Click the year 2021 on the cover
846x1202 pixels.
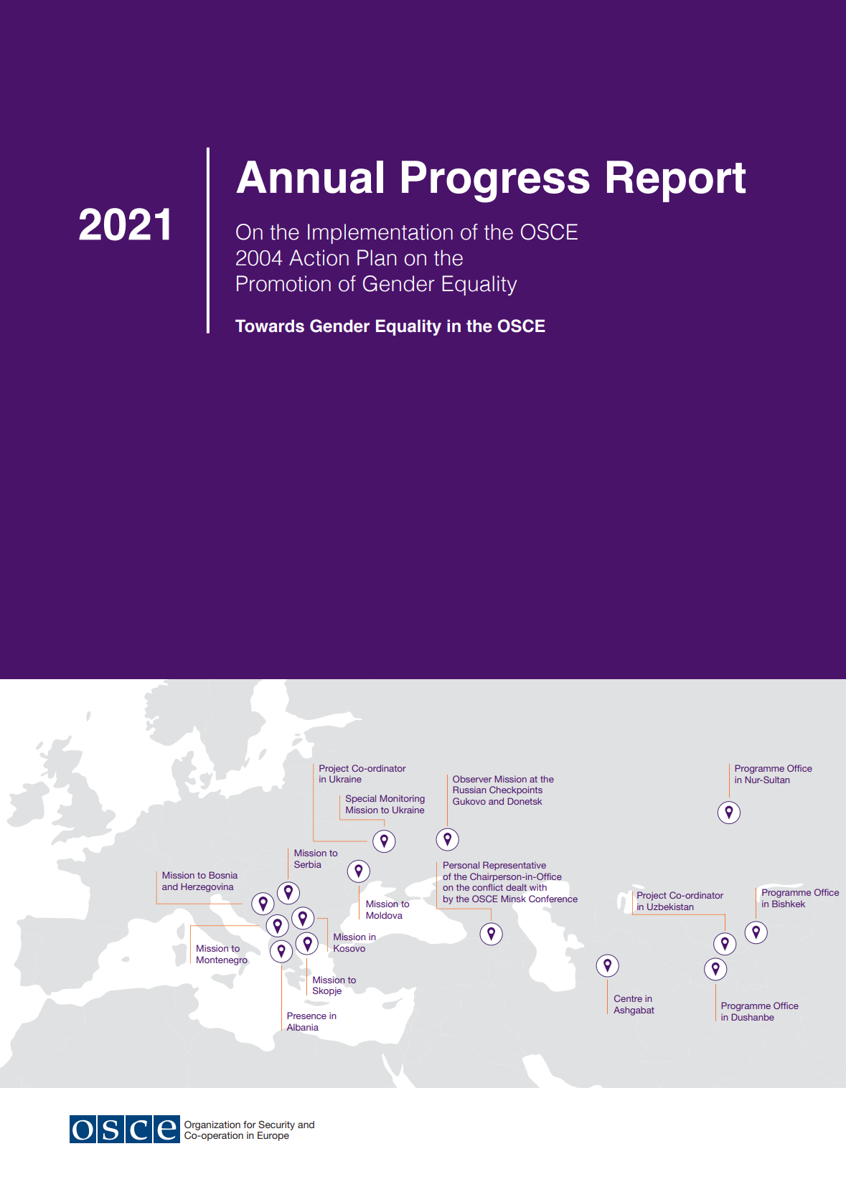pyautogui.click(x=126, y=225)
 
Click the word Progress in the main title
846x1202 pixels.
pyautogui.click(x=495, y=178)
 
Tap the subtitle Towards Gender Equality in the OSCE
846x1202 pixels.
pyautogui.click(x=390, y=326)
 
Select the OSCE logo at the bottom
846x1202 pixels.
pyautogui.click(x=124, y=1130)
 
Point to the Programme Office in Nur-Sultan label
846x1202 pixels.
pyautogui.click(x=773, y=775)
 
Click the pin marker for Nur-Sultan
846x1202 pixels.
pyautogui.click(x=729, y=812)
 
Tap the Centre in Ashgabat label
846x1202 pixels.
pyautogui.click(x=634, y=1004)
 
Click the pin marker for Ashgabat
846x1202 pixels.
pyautogui.click(x=608, y=965)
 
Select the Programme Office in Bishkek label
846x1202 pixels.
pyautogui.click(x=799, y=898)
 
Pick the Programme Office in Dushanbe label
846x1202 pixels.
pyautogui.click(x=759, y=1011)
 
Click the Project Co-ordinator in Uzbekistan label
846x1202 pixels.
pyautogui.click(x=680, y=901)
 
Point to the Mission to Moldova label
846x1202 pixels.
pyautogui.click(x=387, y=909)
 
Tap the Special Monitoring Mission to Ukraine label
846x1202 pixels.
pyautogui.click(x=385, y=804)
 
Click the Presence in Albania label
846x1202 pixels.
pyautogui.click(x=311, y=1021)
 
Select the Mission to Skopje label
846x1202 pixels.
pyautogui.click(x=334, y=985)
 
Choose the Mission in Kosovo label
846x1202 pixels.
pyautogui.click(x=354, y=942)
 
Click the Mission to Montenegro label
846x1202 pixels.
pyautogui.click(x=221, y=954)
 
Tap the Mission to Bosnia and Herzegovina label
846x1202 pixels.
pyautogui.click(x=199, y=881)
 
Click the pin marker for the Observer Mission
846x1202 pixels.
pyautogui.click(x=448, y=838)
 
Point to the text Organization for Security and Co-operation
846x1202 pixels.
pyautogui.click(x=249, y=1130)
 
